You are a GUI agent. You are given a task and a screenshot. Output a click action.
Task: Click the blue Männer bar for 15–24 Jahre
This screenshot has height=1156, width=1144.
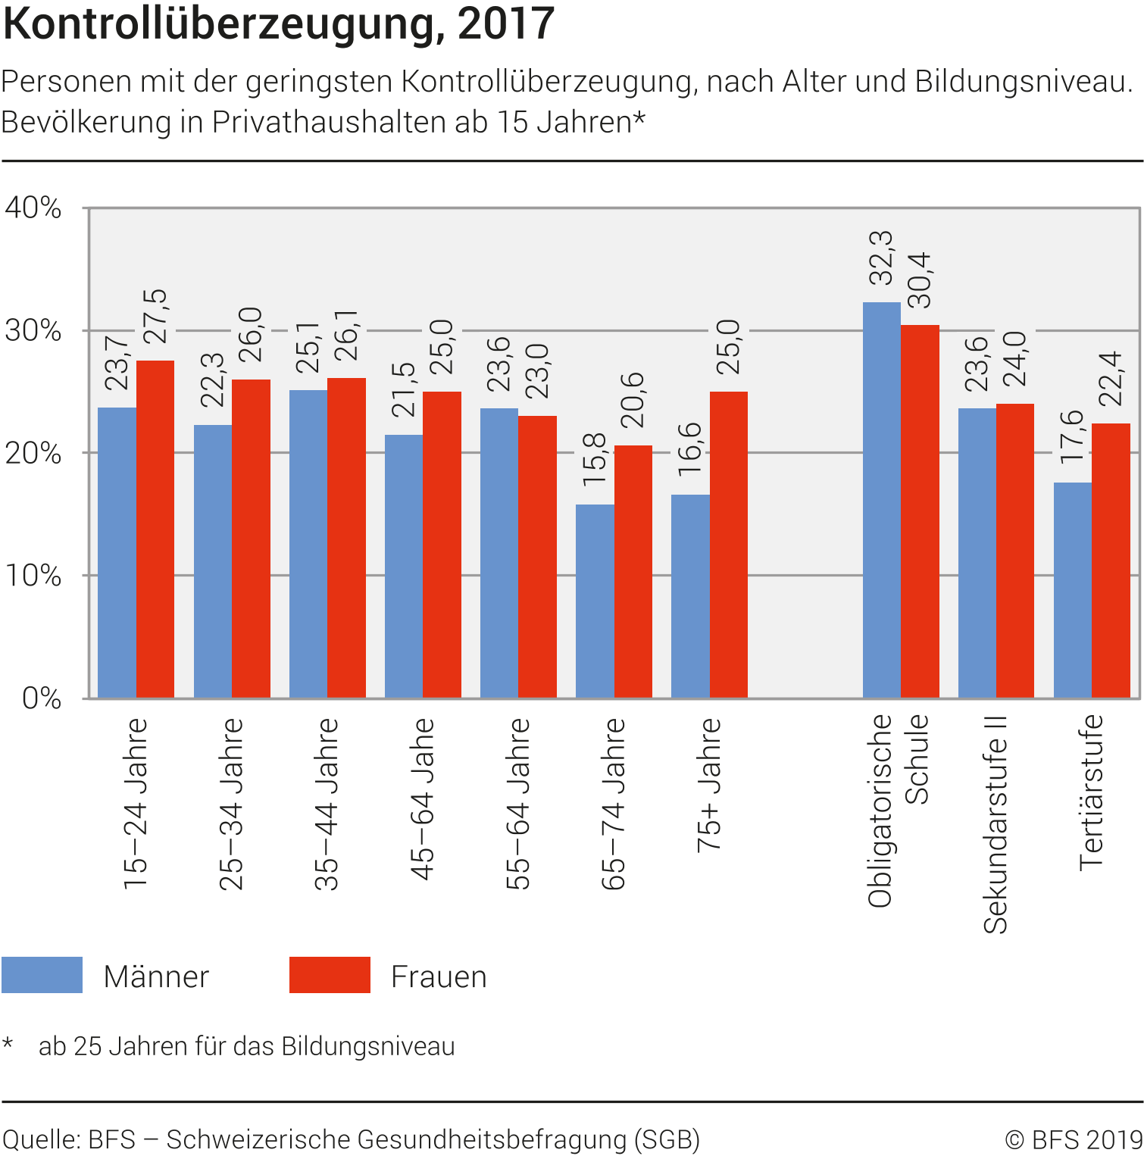pos(117,552)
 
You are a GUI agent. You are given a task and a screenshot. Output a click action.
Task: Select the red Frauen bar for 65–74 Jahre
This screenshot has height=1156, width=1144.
pos(633,571)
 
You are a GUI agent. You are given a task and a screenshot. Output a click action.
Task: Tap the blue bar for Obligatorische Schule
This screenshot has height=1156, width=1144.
pos(881,500)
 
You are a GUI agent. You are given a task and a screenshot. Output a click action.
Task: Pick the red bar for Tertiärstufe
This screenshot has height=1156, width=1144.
pos(1111,561)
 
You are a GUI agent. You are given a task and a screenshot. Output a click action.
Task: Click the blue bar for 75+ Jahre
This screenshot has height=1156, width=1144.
pos(690,596)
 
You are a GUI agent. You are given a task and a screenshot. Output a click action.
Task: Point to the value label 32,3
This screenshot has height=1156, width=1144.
pos(881,258)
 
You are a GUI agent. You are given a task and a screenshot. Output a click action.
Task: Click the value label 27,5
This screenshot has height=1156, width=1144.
pos(155,317)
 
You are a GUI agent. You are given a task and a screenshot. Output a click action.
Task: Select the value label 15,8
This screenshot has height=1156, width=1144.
pos(595,460)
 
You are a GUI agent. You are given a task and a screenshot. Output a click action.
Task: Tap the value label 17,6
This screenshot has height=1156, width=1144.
pos(1072,437)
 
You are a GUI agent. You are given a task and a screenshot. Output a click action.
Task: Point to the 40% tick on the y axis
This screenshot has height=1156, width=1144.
pos(33,208)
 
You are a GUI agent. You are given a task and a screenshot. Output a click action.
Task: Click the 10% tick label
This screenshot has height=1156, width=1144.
pos(33,576)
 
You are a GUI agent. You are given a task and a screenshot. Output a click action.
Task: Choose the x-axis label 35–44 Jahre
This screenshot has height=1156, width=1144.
pos(327,803)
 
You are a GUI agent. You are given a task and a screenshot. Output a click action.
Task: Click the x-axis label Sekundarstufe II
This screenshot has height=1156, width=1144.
pos(996,824)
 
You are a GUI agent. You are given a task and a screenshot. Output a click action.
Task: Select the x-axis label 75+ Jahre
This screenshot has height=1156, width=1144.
pos(709,785)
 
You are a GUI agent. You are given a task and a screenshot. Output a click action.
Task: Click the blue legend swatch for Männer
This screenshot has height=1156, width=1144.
pos(42,975)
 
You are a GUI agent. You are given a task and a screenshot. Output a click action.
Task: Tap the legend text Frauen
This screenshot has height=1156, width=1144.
pos(439,976)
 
